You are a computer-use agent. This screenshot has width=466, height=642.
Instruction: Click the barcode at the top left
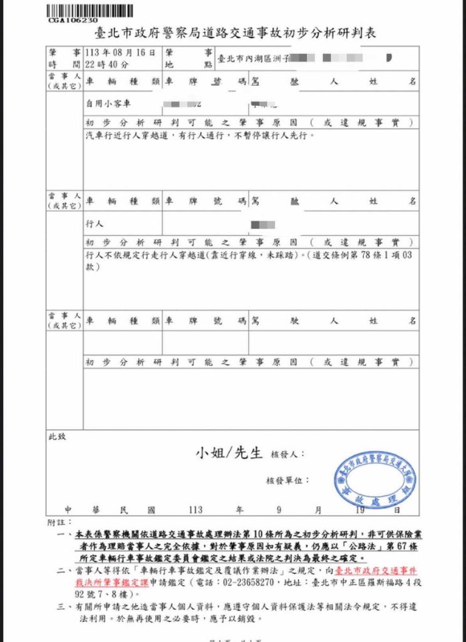pos(74,10)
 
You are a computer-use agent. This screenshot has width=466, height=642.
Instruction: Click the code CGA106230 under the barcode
pos(73,19)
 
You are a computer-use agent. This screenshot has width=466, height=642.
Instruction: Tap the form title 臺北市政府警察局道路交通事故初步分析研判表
pos(234,35)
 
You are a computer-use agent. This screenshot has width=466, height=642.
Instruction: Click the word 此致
pos(57,437)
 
